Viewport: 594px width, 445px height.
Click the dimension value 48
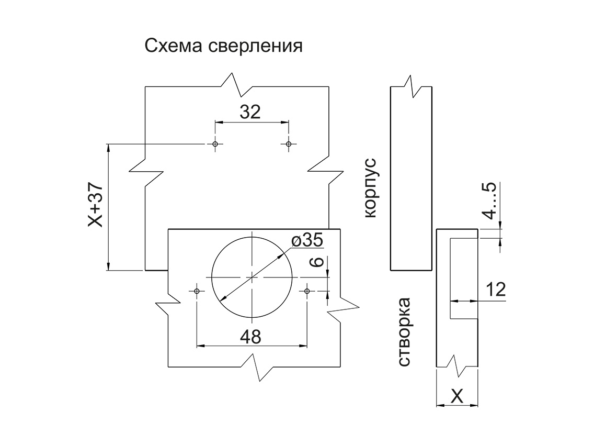point(250,337)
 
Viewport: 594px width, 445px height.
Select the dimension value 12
point(495,290)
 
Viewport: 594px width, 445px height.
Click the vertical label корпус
point(370,186)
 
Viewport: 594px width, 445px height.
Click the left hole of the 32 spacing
point(215,144)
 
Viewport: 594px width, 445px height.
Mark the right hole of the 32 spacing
point(288,144)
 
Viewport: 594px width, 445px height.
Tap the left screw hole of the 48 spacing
point(197,290)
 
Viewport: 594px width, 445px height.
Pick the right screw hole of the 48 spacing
point(307,290)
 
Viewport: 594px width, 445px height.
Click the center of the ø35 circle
point(252,276)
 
